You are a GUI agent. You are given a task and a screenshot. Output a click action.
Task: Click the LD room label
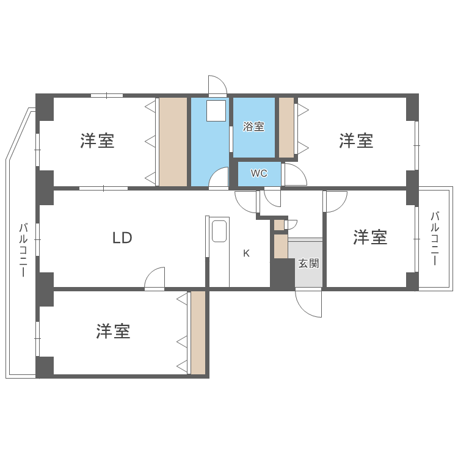click(122, 238)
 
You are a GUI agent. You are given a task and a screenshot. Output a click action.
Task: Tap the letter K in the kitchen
click(246, 253)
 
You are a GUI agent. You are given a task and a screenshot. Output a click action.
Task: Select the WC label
click(260, 173)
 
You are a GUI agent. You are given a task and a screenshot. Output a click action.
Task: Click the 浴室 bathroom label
click(253, 127)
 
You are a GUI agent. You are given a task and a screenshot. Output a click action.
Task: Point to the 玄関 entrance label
click(308, 264)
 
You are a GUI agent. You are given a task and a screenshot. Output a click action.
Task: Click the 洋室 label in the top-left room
click(97, 141)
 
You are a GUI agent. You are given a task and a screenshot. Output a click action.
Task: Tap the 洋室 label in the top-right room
click(357, 141)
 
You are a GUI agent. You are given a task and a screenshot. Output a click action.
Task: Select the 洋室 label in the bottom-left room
click(114, 332)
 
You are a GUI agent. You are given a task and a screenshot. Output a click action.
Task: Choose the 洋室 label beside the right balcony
click(370, 238)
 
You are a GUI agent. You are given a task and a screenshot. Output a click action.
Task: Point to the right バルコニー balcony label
click(435, 238)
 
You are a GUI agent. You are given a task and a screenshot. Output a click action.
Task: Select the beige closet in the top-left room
click(173, 141)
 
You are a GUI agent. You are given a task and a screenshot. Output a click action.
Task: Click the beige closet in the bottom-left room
click(198, 332)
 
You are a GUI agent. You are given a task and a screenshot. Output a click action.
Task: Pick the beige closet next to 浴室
click(286, 127)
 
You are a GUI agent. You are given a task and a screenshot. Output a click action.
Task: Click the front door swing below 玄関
click(309, 303)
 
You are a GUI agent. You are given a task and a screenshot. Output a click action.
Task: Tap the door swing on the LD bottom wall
click(155, 278)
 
